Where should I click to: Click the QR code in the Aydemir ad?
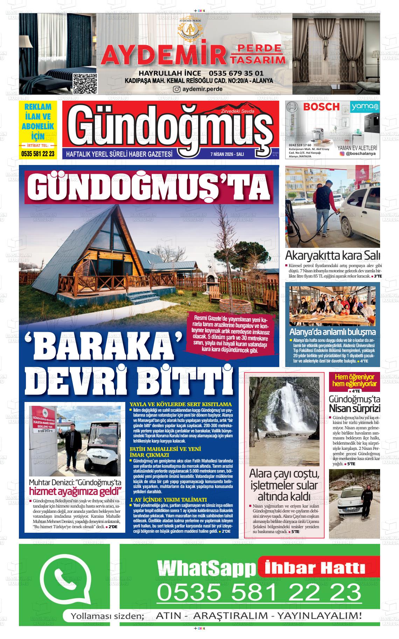(x=85, y=84)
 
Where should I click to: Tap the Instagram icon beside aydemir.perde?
(x=177, y=89)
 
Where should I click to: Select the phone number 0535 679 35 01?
(x=236, y=73)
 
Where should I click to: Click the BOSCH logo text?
(x=321, y=107)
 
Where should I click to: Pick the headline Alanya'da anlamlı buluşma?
(x=332, y=332)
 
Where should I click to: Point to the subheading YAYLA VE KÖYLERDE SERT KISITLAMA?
(x=181, y=404)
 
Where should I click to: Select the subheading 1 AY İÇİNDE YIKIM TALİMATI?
(x=168, y=500)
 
